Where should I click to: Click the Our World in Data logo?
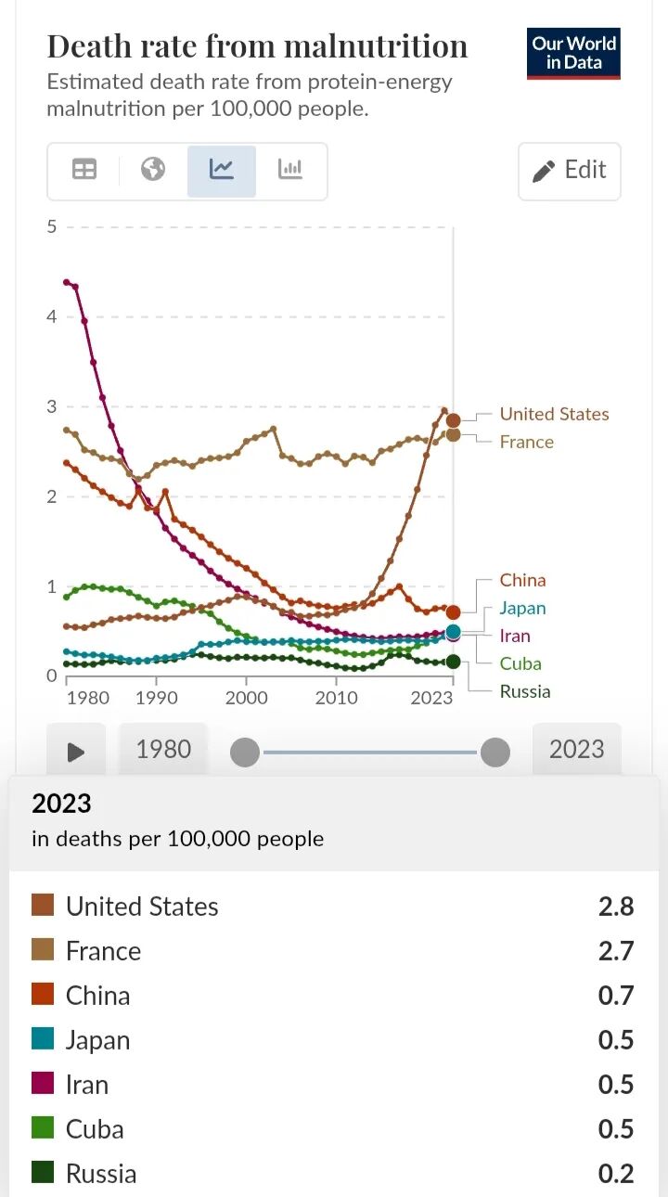[573, 54]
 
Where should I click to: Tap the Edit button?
[569, 171]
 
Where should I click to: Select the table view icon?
[83, 170]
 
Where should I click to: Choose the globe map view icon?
[153, 170]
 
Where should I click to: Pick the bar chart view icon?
[290, 170]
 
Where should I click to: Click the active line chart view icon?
[221, 170]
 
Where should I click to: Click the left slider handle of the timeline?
[245, 753]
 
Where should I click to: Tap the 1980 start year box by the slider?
[163, 749]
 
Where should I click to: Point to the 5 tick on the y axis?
[51, 226]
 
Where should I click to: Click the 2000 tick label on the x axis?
[247, 698]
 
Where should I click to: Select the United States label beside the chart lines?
[554, 414]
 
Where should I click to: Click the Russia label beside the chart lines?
[525, 691]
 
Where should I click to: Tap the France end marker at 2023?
[453, 435]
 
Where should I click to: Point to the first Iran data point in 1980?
[66, 281]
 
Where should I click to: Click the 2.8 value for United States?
[616, 907]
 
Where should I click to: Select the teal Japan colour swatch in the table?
[43, 1038]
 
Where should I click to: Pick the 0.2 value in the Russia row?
[616, 1174]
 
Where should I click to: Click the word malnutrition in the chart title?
[376, 46]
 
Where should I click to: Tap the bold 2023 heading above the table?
[61, 804]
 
